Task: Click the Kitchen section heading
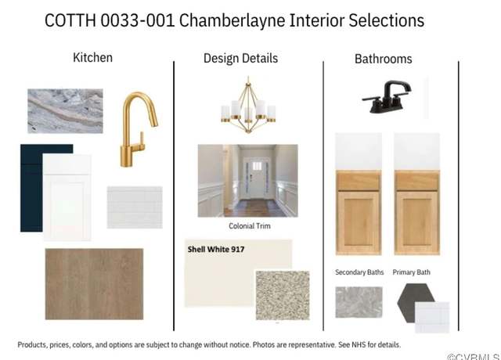pyautogui.click(x=92, y=57)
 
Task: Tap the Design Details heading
pyautogui.click(x=240, y=59)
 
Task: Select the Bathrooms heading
pyautogui.click(x=383, y=59)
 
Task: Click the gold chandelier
pyautogui.click(x=248, y=106)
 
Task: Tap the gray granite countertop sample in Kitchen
pyautogui.click(x=65, y=111)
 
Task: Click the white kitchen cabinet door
pyautogui.click(x=67, y=197)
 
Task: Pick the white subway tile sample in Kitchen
pyautogui.click(x=135, y=207)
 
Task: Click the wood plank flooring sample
pyautogui.click(x=94, y=284)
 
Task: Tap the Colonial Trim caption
pyautogui.click(x=250, y=226)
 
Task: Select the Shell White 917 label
pyautogui.click(x=216, y=249)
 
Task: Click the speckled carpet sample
pyautogui.click(x=283, y=295)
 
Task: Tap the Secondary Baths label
pyautogui.click(x=359, y=272)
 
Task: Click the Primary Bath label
pyautogui.click(x=411, y=272)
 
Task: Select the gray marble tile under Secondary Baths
pyautogui.click(x=359, y=302)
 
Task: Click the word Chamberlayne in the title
pyautogui.click(x=232, y=20)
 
